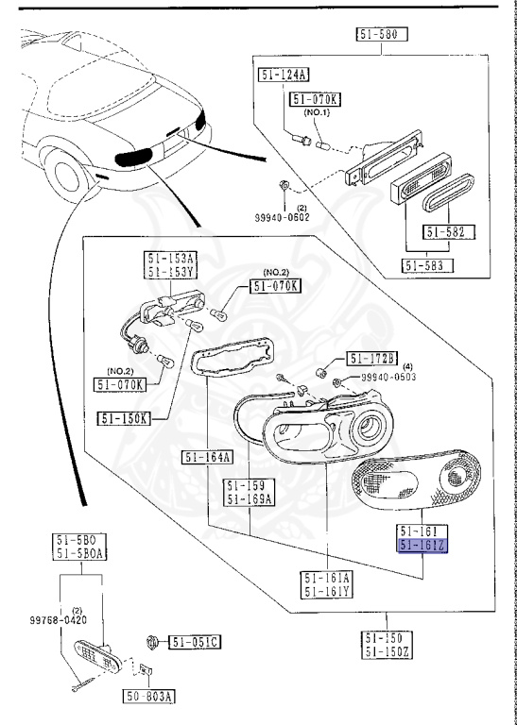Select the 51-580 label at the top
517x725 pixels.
[382, 36]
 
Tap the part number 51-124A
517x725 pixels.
[284, 75]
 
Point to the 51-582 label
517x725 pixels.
[449, 232]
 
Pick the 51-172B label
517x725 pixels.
[372, 358]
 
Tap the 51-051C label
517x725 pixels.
[195, 643]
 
